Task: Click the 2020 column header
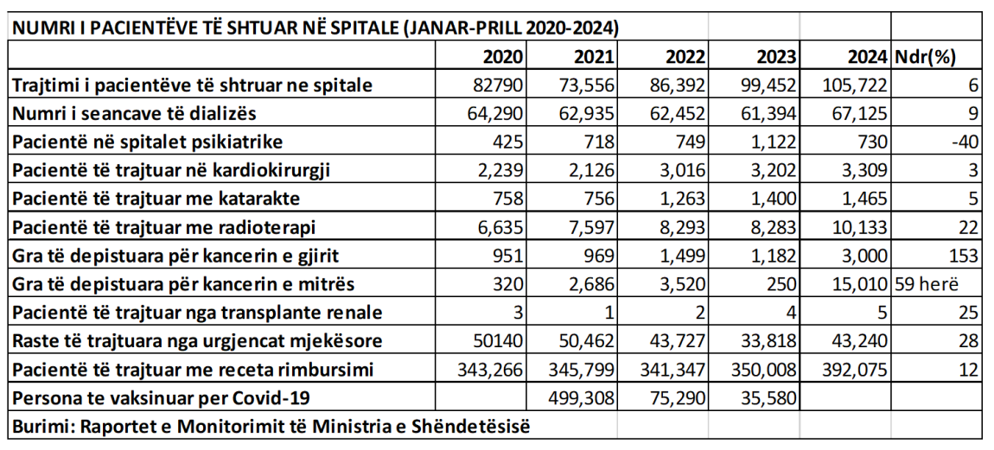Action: (x=503, y=58)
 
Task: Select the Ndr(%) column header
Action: (x=924, y=58)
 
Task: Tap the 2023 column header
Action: (x=776, y=58)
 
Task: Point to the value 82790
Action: (x=500, y=86)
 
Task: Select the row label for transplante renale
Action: (x=197, y=314)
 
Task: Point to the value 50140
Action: (x=500, y=342)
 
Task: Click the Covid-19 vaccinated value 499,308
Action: (x=581, y=399)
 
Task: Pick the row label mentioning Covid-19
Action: (x=160, y=399)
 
